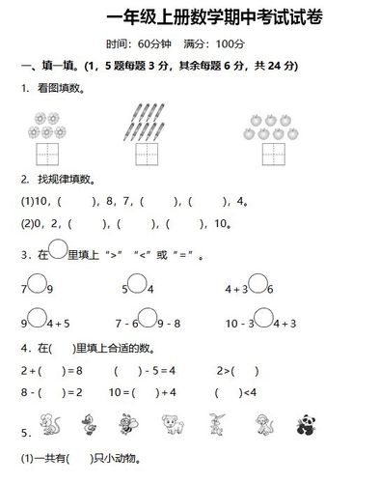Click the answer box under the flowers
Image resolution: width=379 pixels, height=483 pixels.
tap(46, 154)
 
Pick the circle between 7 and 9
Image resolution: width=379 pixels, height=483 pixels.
tap(36, 286)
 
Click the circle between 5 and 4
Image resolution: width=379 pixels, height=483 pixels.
tap(136, 286)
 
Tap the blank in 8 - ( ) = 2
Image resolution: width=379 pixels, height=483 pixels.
tap(43, 392)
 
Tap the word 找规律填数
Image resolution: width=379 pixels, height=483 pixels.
tap(61, 180)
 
